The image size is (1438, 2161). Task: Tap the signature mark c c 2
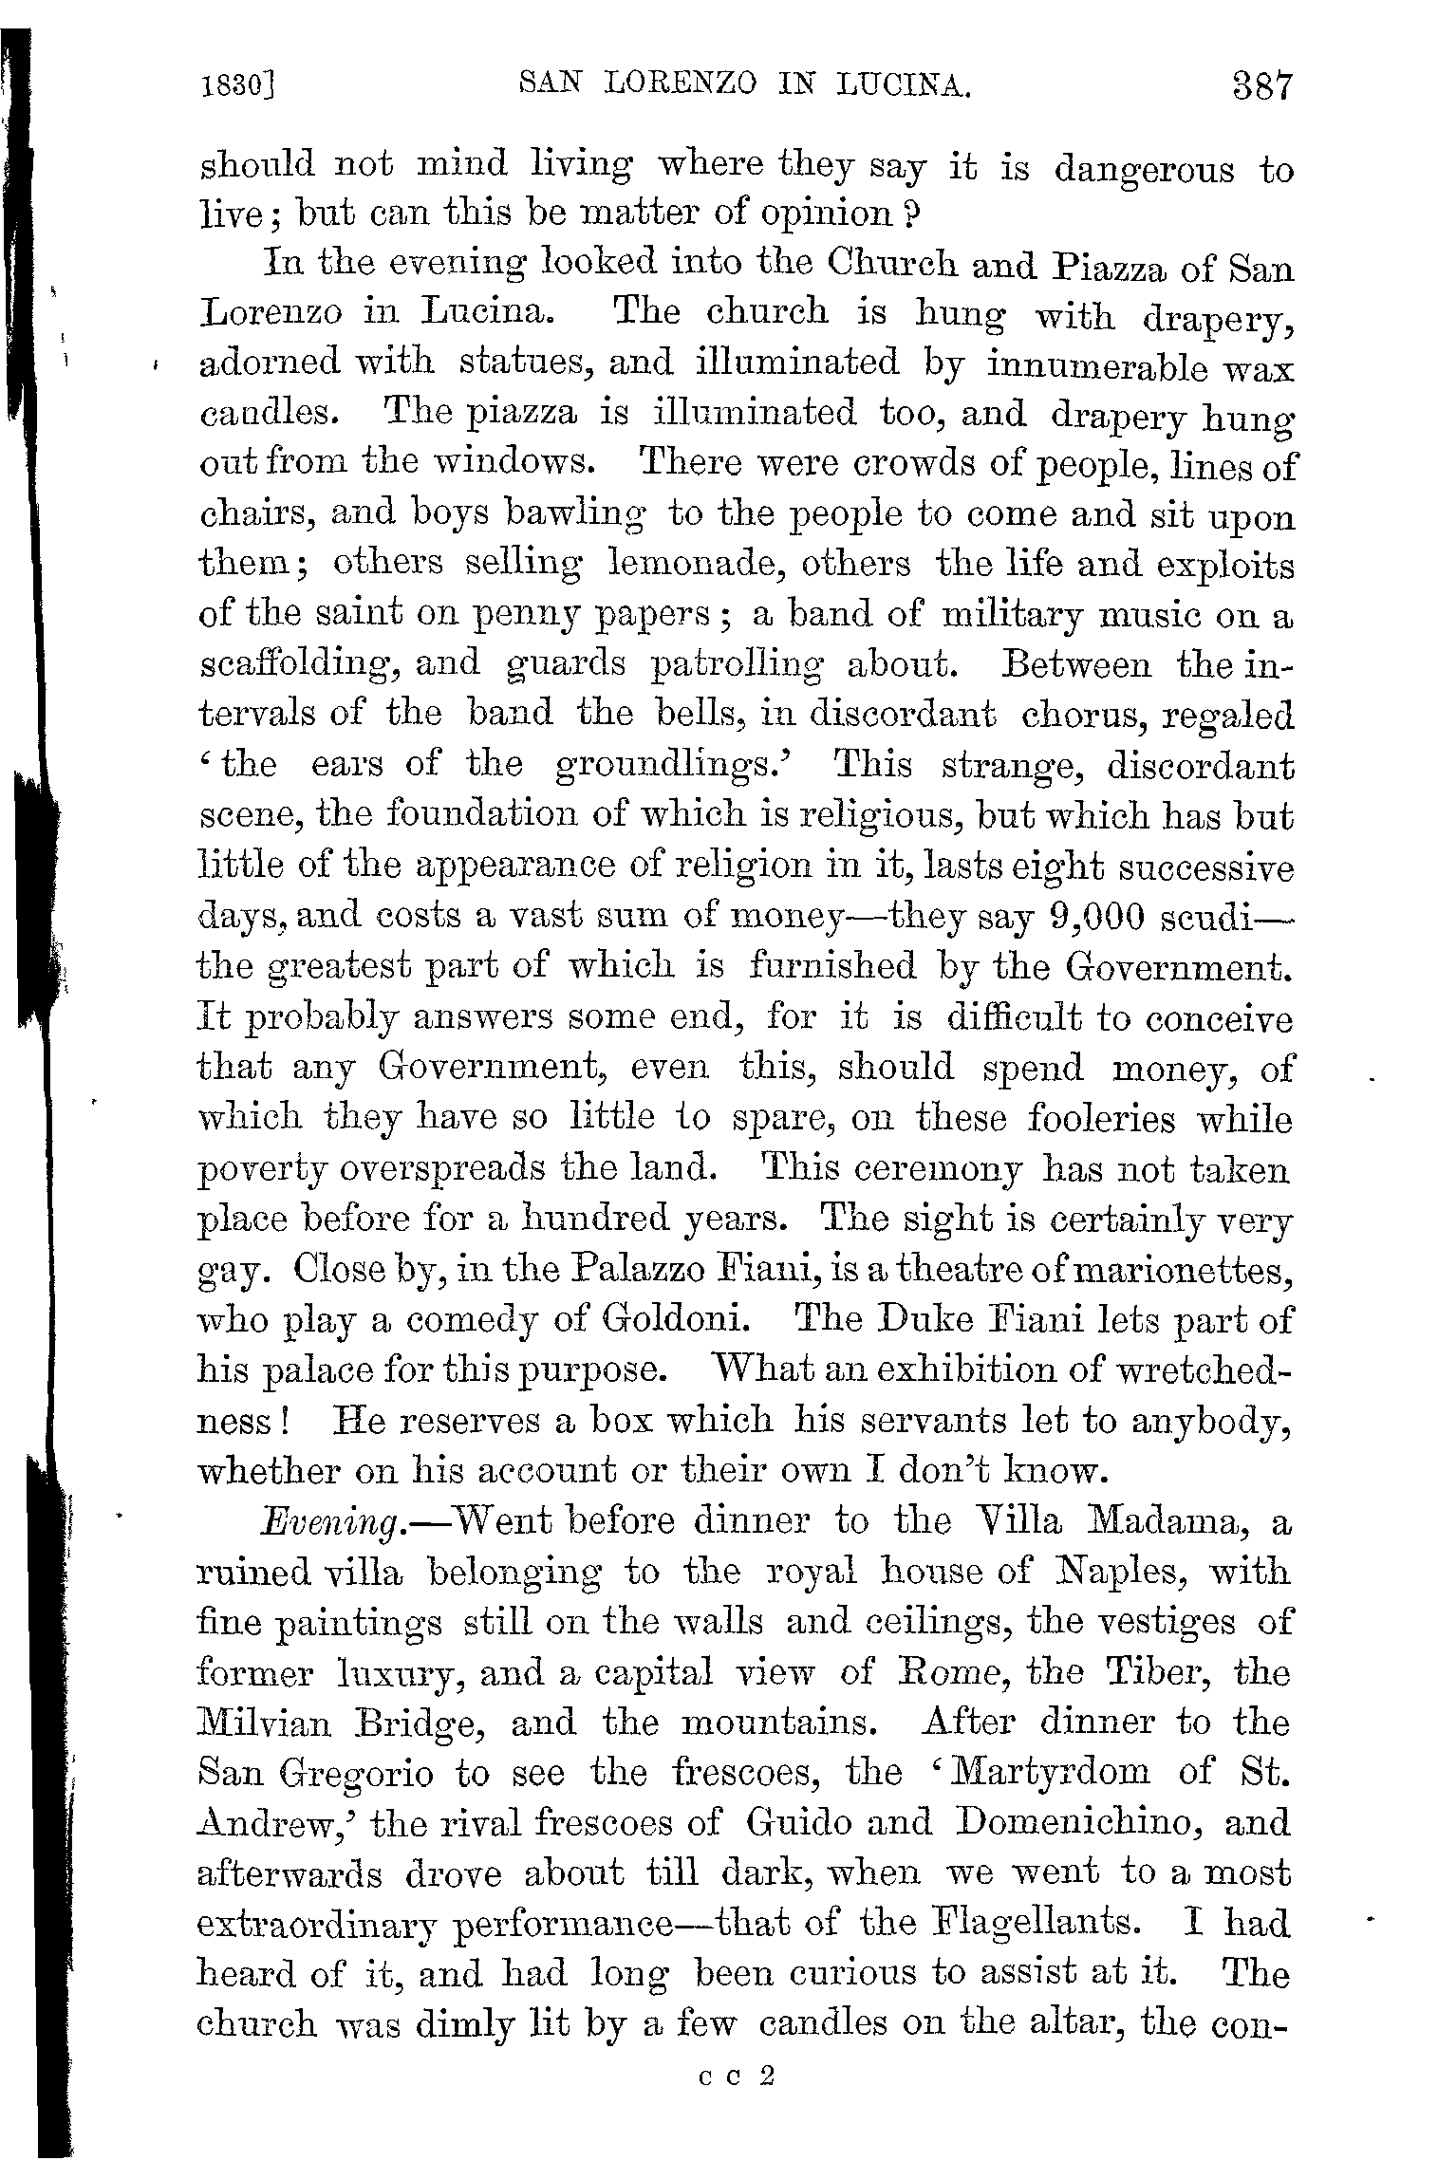pyautogui.click(x=736, y=2077)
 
